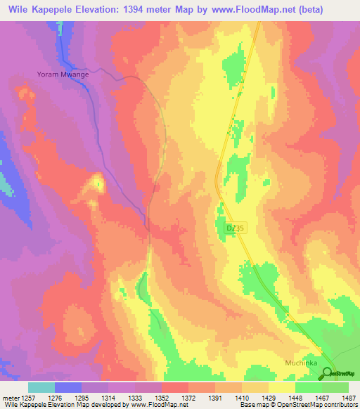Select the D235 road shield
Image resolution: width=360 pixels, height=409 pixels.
pos(235,228)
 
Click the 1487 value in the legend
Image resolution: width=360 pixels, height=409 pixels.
pos(349,397)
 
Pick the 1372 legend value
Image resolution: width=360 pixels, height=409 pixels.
pos(189,397)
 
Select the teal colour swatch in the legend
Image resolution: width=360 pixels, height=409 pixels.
pos(41,387)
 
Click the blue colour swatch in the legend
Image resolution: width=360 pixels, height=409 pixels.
pos(68,387)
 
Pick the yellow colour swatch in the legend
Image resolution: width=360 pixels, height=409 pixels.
pos(282,387)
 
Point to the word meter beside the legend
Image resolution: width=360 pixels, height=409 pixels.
pos(11,397)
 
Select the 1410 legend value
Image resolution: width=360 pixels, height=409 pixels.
pos(243,397)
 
